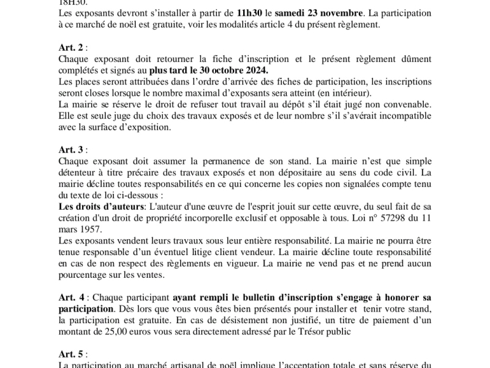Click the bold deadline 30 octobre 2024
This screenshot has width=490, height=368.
click(232, 72)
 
